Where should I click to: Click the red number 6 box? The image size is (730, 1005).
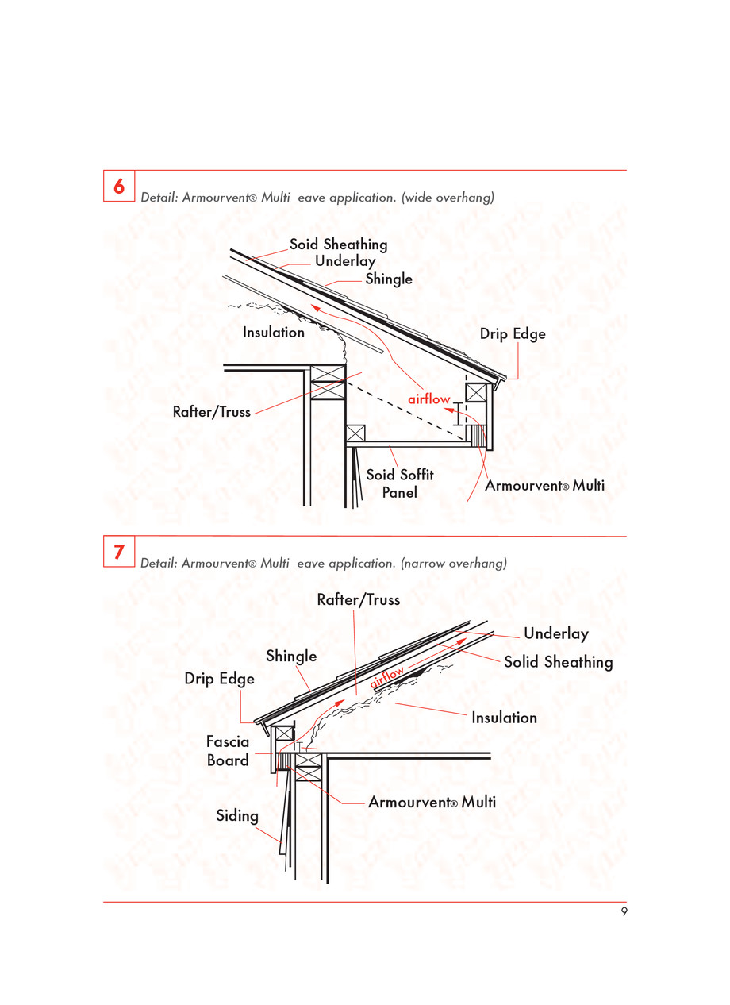[x=119, y=187]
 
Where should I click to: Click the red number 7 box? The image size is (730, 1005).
[x=119, y=552]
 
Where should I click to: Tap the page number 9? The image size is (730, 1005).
[x=624, y=912]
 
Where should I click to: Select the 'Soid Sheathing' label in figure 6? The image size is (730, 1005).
[x=338, y=245]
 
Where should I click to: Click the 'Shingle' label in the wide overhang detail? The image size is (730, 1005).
[x=389, y=279]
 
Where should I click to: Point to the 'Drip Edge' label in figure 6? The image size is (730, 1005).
[x=513, y=334]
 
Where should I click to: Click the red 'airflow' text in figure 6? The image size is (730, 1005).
[x=429, y=399]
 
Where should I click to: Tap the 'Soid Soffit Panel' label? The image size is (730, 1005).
[x=399, y=483]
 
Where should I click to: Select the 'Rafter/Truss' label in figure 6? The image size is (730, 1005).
[x=212, y=412]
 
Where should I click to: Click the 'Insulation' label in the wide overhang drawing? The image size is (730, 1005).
[x=274, y=333]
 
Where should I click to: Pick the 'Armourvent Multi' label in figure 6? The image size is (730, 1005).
[x=544, y=485]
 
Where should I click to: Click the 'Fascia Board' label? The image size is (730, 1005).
[x=228, y=751]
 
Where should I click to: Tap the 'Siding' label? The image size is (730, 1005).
[x=237, y=815]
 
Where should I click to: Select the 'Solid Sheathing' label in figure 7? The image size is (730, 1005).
[x=558, y=662]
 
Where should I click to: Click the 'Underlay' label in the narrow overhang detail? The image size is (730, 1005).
[x=555, y=633]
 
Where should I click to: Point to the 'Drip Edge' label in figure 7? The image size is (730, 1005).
[x=220, y=679]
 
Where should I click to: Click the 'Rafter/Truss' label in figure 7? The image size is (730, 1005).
[x=358, y=600]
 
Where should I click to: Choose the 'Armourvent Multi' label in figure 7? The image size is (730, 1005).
[x=432, y=803]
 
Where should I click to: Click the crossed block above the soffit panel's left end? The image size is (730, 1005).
[x=354, y=433]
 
